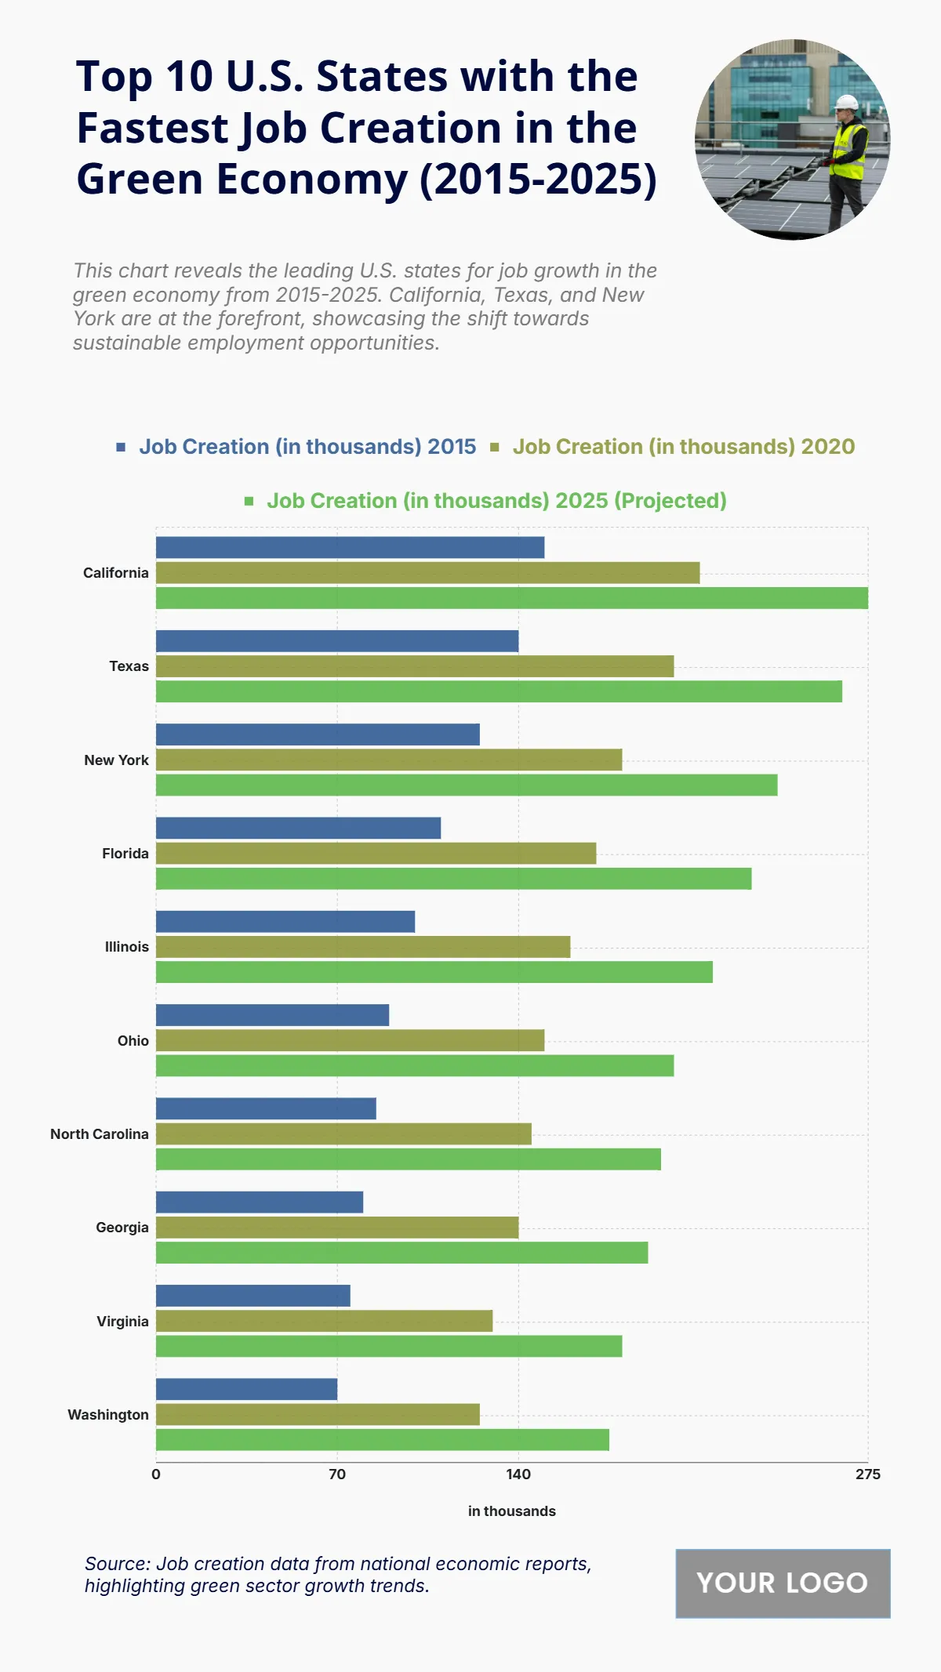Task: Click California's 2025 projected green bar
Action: tap(511, 598)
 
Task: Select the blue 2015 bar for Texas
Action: tap(337, 641)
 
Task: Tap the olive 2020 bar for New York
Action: tap(388, 760)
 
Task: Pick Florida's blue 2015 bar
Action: tap(298, 828)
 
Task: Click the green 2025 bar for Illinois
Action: tap(434, 972)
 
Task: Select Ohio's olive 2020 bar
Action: tap(350, 1040)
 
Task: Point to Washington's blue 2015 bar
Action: tap(246, 1389)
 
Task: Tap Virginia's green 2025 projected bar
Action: tap(388, 1346)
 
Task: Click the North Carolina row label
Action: tap(100, 1134)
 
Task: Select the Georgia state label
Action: tap(122, 1228)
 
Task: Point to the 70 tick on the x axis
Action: tap(337, 1474)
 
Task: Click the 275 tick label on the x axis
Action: tap(867, 1474)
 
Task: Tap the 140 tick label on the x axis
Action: tap(518, 1474)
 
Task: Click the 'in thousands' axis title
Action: tap(511, 1511)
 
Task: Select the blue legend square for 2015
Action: tap(121, 447)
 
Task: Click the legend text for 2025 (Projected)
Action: tap(496, 501)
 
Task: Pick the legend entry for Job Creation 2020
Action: tap(683, 447)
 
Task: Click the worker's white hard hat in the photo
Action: tap(847, 103)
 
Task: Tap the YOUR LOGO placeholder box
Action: tap(783, 1583)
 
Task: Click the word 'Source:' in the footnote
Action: tap(118, 1564)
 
